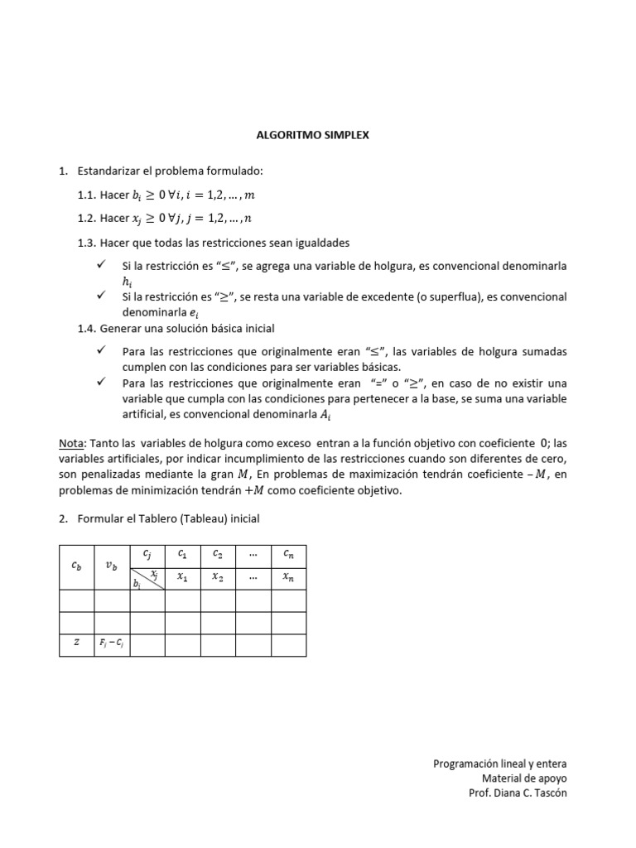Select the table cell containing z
[76, 643]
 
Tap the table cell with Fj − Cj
[111, 643]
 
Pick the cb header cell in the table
[76, 566]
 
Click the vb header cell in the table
[111, 566]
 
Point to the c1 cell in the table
[182, 554]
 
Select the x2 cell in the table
[218, 577]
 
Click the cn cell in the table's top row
[288, 554]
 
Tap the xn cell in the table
[288, 577]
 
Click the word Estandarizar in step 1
[109, 171]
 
